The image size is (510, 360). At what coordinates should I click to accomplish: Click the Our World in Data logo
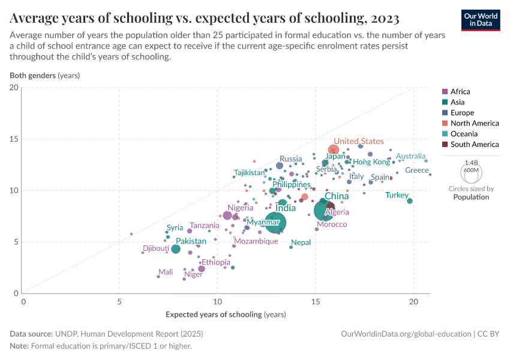click(x=481, y=20)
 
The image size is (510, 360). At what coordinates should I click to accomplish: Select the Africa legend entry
click(x=460, y=92)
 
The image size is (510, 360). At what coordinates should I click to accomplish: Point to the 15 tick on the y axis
click(x=14, y=139)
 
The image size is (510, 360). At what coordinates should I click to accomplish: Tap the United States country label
click(x=358, y=142)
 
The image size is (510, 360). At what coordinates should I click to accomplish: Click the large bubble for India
click(x=275, y=222)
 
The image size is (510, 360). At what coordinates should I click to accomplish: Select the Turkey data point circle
click(x=410, y=201)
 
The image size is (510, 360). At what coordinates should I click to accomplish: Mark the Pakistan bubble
click(x=175, y=249)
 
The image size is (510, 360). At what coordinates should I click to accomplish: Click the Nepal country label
click(x=301, y=242)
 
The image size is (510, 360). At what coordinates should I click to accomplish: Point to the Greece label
click(x=417, y=170)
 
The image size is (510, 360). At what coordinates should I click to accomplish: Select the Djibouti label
click(x=156, y=248)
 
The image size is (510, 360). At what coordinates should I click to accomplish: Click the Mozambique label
click(x=256, y=241)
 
